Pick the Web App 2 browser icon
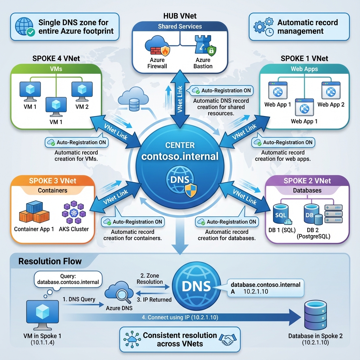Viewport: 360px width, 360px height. click(331, 91)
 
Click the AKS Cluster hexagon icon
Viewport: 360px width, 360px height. click(74, 212)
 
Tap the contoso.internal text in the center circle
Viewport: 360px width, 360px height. click(180, 156)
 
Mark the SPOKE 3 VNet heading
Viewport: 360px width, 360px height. click(53, 181)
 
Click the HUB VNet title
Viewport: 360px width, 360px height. click(180, 16)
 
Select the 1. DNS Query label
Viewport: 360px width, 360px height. click(79, 299)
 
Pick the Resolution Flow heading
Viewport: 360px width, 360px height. click(50, 261)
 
